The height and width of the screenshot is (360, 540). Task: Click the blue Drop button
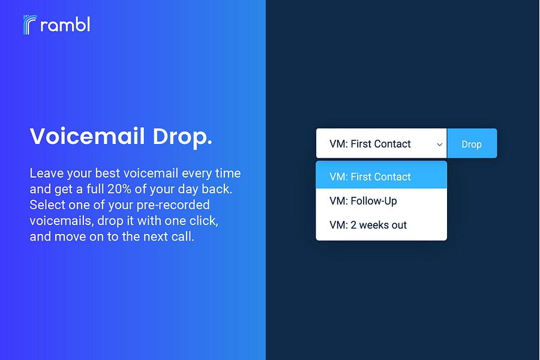[x=472, y=143]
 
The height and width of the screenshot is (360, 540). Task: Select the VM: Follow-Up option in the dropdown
[x=363, y=201]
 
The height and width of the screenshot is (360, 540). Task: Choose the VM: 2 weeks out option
[x=368, y=225]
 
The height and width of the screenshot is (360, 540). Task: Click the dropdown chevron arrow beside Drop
[x=439, y=145]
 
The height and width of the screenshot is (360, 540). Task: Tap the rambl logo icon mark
[x=29, y=25]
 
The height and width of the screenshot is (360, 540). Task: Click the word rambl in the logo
[x=65, y=25]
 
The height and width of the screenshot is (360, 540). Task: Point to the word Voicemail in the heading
[x=87, y=136]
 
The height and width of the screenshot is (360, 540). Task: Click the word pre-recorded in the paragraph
[x=173, y=205]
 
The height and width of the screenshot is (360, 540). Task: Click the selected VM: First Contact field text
[x=370, y=143]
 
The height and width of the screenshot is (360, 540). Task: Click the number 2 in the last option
[x=353, y=225]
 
